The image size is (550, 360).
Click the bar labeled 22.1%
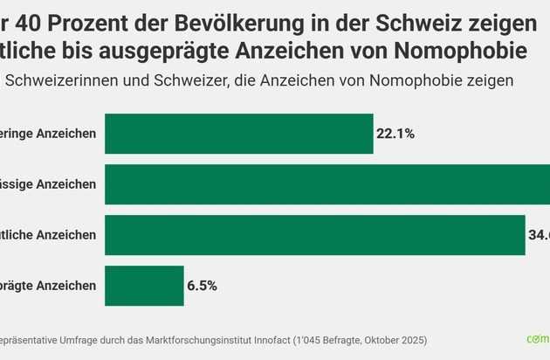[x=238, y=134]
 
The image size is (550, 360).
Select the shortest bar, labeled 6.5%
[x=144, y=286]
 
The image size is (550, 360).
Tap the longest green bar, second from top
[x=327, y=184]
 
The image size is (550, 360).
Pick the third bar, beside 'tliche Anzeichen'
[x=314, y=235]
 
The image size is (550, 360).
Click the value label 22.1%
[x=395, y=134]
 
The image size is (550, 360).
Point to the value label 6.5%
[x=201, y=286]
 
